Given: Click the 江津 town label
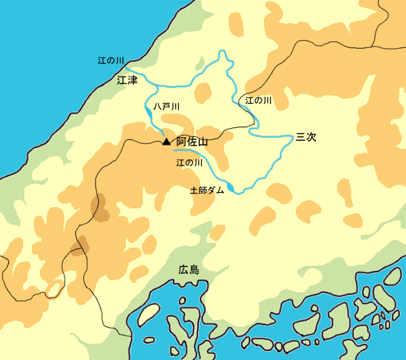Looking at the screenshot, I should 127,80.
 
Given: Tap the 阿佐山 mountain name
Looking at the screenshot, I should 191,142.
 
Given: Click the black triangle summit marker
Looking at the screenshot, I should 166,142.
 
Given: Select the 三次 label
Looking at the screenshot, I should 306,137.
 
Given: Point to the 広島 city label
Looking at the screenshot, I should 189,269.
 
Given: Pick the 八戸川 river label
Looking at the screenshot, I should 166,107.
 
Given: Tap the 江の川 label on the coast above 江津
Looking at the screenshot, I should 110,61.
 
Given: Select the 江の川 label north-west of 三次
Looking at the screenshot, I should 258,100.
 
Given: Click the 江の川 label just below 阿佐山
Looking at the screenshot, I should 189,163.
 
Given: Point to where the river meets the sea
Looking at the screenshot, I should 127,68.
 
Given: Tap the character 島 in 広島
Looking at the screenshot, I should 194,269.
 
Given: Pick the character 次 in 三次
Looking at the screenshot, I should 311,137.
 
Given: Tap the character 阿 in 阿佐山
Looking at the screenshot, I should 181,142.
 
